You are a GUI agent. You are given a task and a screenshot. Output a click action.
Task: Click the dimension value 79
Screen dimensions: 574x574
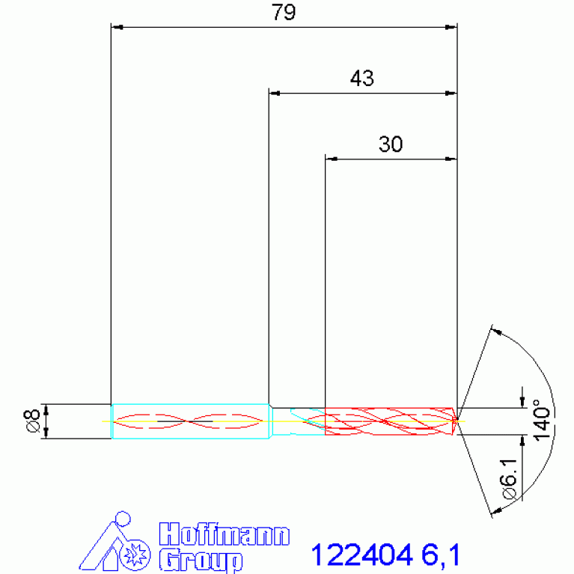click(x=283, y=13)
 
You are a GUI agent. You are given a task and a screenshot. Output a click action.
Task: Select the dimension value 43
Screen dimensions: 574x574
click(x=361, y=79)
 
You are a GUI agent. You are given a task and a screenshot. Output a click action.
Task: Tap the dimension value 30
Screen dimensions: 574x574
click(x=390, y=144)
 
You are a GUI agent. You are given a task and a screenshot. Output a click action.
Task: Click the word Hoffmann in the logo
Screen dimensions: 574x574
click(x=225, y=535)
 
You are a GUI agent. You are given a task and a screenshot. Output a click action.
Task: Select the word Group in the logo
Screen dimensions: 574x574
click(x=201, y=560)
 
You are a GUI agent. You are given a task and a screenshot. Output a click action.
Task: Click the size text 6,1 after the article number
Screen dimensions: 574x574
click(x=440, y=555)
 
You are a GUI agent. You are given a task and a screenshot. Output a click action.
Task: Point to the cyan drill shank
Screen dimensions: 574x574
click(x=190, y=421)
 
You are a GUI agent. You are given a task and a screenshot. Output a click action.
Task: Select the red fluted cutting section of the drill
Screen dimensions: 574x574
click(x=389, y=421)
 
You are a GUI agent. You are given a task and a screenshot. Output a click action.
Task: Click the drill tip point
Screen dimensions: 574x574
click(x=457, y=420)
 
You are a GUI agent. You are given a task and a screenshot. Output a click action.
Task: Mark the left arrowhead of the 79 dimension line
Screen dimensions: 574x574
click(x=116, y=28)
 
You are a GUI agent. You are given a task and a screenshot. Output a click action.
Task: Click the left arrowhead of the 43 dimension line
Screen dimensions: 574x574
click(x=274, y=94)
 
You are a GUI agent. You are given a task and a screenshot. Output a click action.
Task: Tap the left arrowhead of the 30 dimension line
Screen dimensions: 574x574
click(x=330, y=159)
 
